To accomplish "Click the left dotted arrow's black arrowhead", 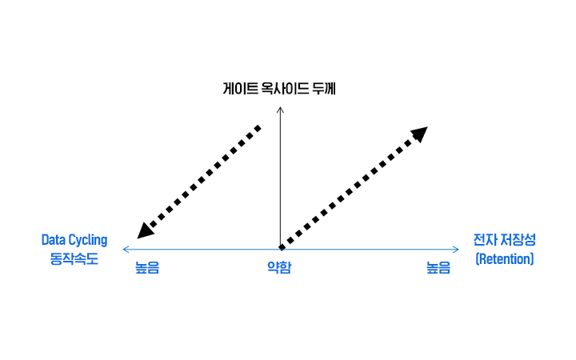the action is point(145,230).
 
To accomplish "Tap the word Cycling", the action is point(88,241).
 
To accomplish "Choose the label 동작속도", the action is point(74,258).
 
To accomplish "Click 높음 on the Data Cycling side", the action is point(147,268).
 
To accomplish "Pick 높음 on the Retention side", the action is point(438,268).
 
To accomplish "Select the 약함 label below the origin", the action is point(279,268).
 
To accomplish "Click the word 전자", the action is point(484,240).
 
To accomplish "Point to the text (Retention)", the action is point(504,259).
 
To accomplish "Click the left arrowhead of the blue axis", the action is point(126,250).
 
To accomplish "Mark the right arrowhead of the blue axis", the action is point(456,250).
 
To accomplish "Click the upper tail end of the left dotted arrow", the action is point(258,128).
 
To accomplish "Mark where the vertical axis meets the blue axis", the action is point(280,249).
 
